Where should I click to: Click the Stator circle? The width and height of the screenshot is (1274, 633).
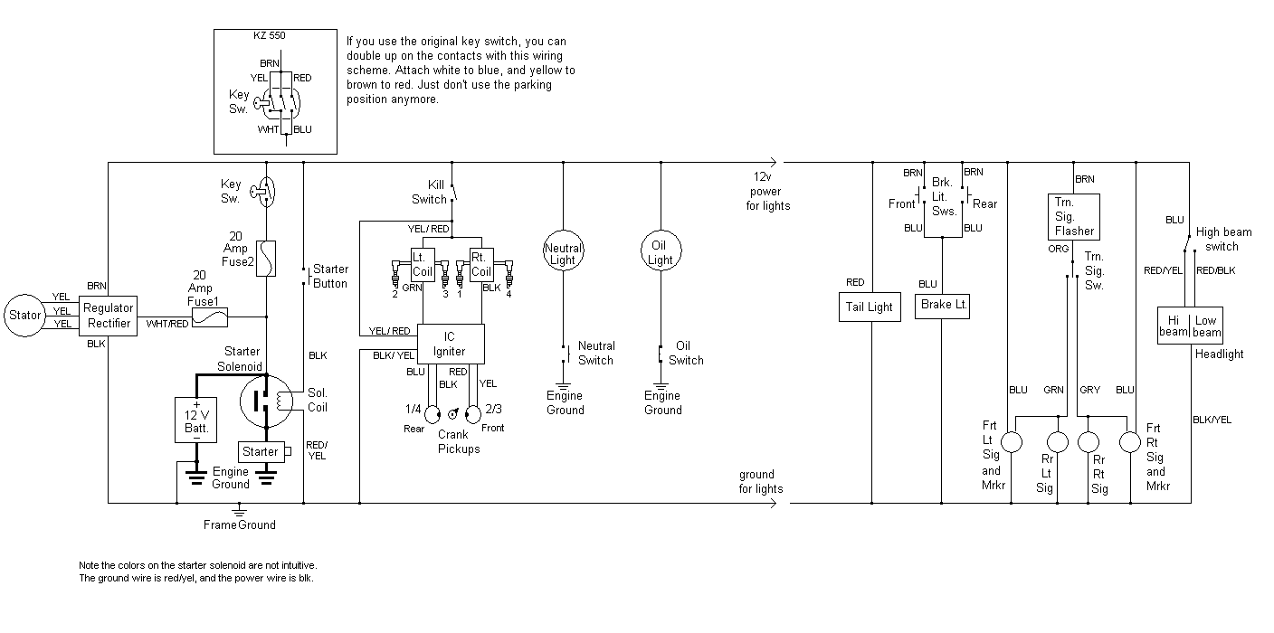tap(24, 316)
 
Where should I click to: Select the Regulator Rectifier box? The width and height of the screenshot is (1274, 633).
tap(109, 316)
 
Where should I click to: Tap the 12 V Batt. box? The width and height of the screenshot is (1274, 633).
tap(195, 420)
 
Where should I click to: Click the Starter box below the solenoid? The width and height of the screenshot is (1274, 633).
tap(261, 451)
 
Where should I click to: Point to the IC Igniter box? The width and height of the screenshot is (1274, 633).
tap(451, 344)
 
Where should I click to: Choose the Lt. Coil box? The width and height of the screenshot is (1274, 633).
tap(423, 264)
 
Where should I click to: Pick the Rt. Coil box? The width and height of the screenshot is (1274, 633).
tap(481, 264)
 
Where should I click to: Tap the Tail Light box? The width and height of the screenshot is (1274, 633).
tap(869, 307)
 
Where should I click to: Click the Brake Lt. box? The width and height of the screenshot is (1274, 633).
tap(943, 305)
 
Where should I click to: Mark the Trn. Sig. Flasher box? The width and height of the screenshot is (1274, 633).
tap(1074, 216)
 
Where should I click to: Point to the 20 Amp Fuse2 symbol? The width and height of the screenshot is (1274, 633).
tap(267, 259)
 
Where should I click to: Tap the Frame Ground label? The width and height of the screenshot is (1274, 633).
tap(240, 524)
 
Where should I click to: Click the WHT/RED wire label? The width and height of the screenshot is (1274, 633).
tap(167, 324)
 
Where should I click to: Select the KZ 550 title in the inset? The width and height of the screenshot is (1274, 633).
tap(268, 37)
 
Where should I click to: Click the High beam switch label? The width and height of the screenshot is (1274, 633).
tap(1223, 239)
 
